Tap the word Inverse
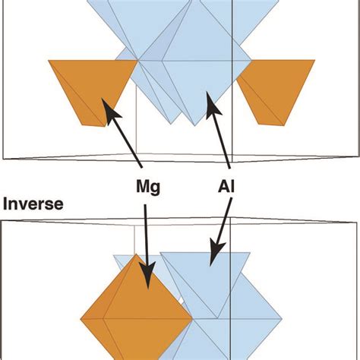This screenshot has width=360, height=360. pos(33,204)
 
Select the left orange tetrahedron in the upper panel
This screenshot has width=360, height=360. pos(84,91)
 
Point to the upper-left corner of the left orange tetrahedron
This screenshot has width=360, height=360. pos(49,61)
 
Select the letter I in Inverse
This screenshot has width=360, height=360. pos(5,204)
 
